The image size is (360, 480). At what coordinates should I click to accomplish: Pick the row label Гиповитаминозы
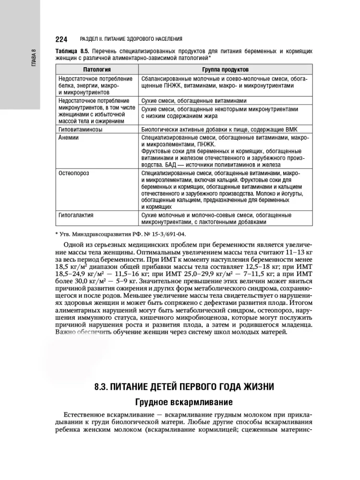coord(80,129)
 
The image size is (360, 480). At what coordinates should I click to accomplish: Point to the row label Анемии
coord(68,137)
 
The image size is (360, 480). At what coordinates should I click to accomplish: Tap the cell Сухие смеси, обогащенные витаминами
coord(194,101)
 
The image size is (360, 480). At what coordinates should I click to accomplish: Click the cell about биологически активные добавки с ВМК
coord(223,129)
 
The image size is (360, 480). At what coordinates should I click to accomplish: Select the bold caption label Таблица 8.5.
coord(72,50)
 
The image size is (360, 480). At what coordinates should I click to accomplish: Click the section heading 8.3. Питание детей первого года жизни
coord(184,387)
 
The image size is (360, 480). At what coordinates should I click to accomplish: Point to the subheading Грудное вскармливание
coord(184,402)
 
